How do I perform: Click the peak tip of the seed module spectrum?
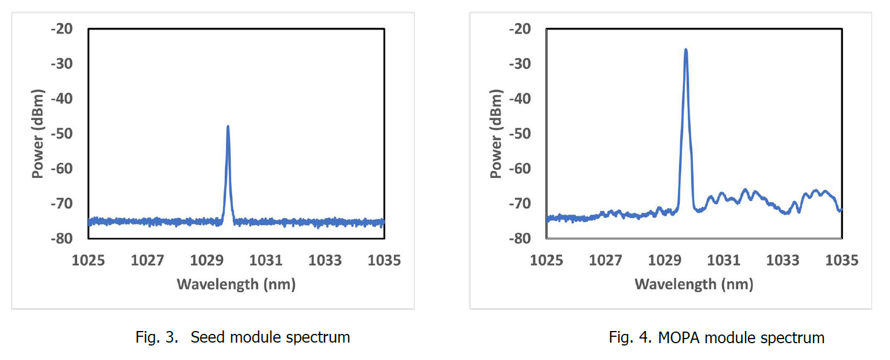(228, 126)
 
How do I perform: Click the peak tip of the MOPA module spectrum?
(686, 50)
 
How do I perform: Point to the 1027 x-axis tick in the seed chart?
(147, 261)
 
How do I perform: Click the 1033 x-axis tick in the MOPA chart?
(783, 261)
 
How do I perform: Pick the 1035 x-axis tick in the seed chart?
(384, 261)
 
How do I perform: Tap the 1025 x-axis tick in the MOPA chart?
(546, 261)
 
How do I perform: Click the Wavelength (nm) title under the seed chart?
(236, 284)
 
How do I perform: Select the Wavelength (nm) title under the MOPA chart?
(694, 284)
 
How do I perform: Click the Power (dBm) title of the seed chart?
(38, 133)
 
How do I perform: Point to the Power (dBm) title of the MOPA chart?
(497, 133)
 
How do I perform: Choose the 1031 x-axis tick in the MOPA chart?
(724, 261)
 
